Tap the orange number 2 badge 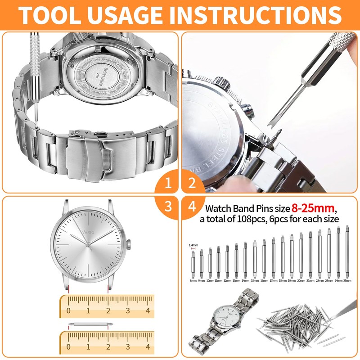pyautogui.click(x=192, y=183)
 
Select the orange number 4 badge pyautogui.click(x=192, y=207)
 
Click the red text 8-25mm pyautogui.click(x=312, y=209)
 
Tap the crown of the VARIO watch pyautogui.click(x=129, y=245)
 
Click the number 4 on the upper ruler pyautogui.click(x=148, y=310)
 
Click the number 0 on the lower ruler pyautogui.click(x=68, y=347)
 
